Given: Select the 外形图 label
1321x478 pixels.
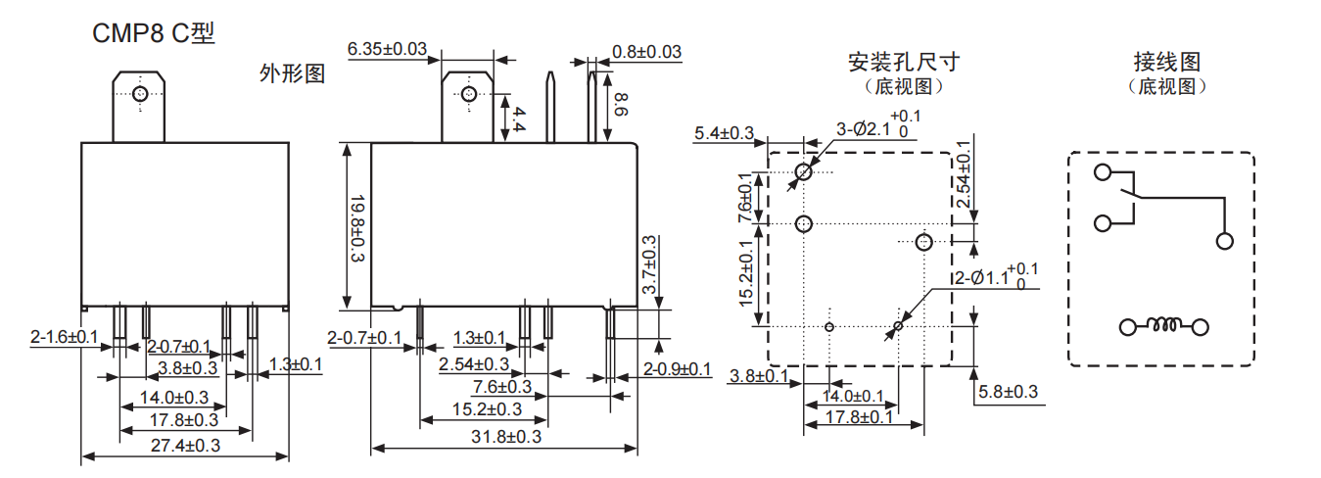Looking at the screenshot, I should (292, 73).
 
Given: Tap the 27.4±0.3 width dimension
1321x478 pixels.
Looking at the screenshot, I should (184, 446).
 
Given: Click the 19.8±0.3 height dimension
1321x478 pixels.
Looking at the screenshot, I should (356, 228).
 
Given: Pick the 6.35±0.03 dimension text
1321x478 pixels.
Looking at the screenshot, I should (388, 49).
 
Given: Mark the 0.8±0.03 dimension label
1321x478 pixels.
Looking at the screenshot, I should (647, 51).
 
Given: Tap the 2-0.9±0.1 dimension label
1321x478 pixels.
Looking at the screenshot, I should (678, 368).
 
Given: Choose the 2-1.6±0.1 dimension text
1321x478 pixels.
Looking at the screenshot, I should (65, 338).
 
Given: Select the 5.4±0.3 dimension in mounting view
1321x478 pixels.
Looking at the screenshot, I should (725, 133).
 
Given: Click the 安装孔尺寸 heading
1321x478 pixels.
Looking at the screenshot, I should (903, 63).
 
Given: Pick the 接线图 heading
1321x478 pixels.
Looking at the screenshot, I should (1166, 63).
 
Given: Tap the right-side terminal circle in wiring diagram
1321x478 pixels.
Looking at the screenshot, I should (1223, 241).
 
